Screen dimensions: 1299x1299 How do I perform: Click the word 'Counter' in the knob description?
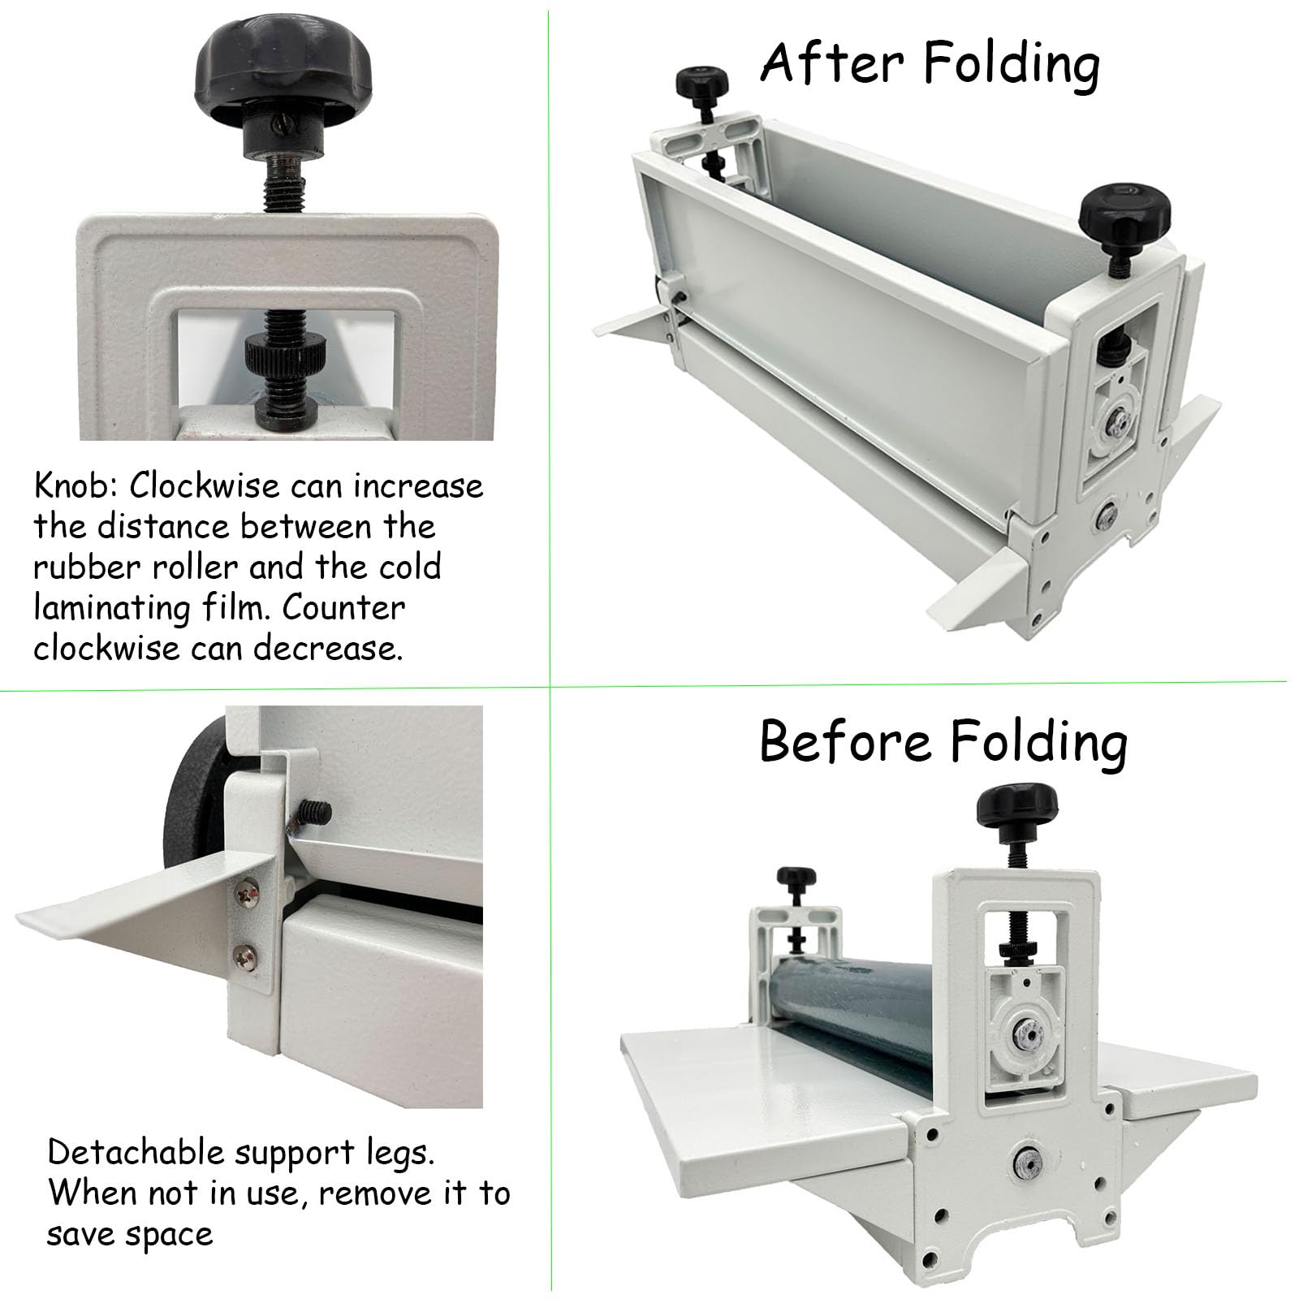[x=343, y=608]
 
